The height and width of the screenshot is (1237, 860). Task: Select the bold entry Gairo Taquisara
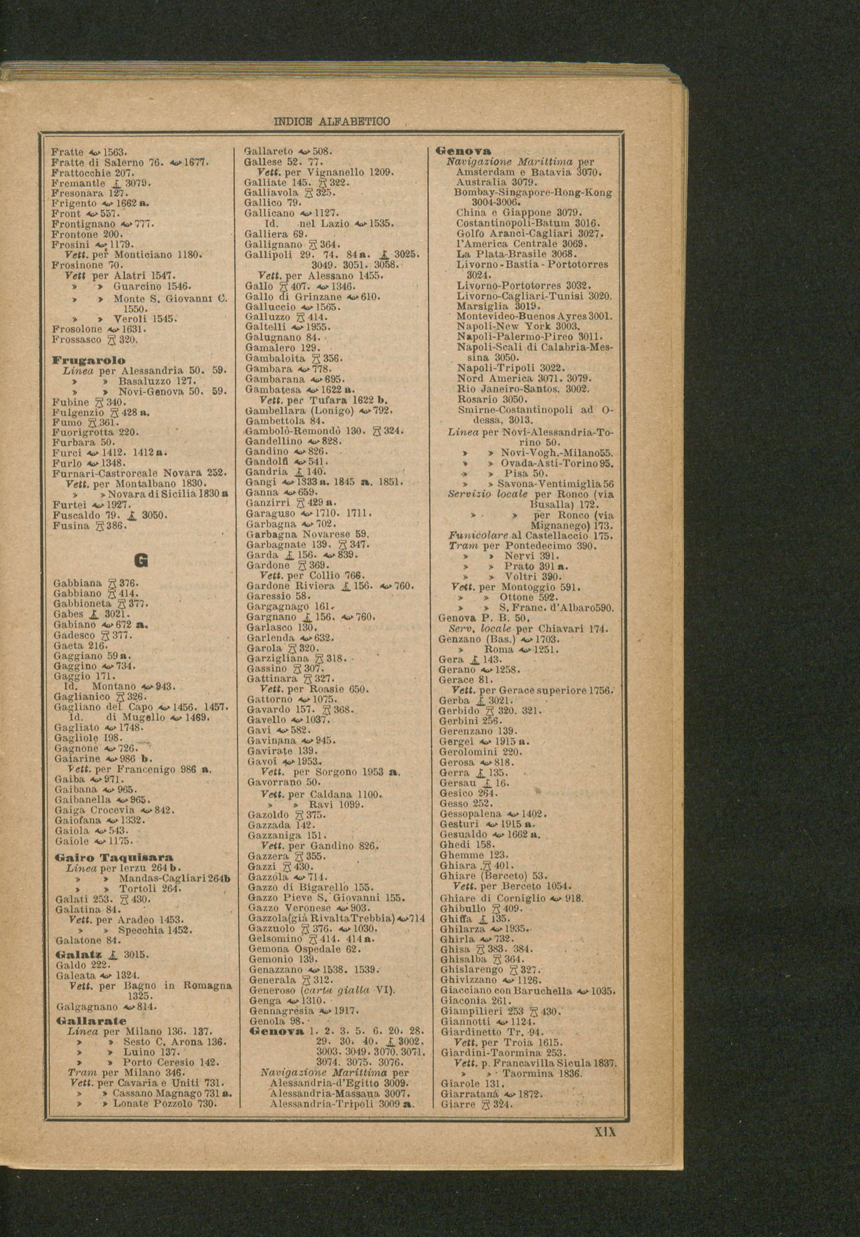point(114,857)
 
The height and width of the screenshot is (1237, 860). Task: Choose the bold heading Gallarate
point(91,1021)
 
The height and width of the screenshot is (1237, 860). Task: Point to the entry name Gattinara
point(272,678)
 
